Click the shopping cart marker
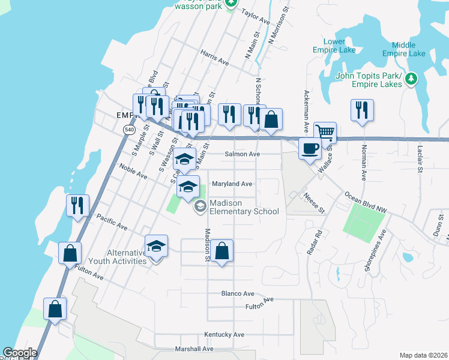(x=325, y=133)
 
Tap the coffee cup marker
(x=310, y=148)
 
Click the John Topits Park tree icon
(x=411, y=79)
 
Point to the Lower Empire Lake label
(x=334, y=46)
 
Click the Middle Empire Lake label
(x=408, y=49)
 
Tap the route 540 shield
(x=129, y=130)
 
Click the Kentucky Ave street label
(x=224, y=334)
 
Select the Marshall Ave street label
(x=193, y=349)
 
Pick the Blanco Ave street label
(x=238, y=293)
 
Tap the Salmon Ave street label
(x=242, y=154)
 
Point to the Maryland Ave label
(x=231, y=184)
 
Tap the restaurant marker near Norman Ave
(x=361, y=110)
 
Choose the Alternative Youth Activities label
(x=117, y=257)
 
